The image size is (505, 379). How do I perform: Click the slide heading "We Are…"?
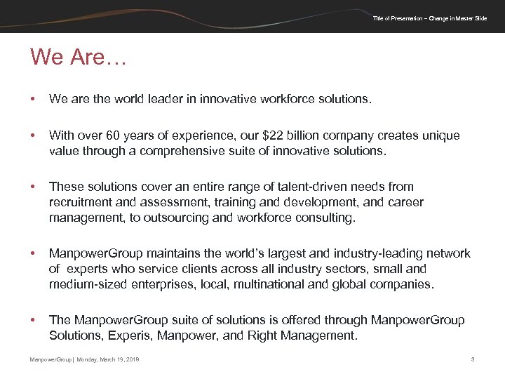[78, 58]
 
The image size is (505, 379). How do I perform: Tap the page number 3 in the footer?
[473, 359]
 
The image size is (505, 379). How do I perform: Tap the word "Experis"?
[130, 335]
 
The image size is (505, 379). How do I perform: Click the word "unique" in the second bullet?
[442, 136]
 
